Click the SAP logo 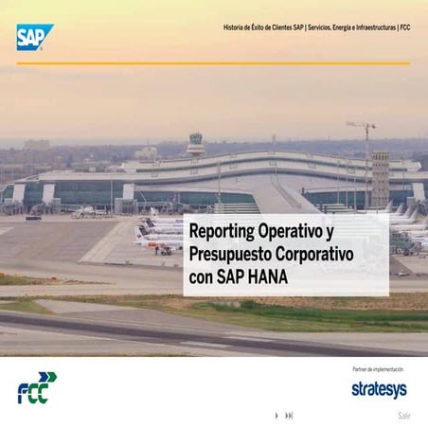tap(34, 36)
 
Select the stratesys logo tap(379, 389)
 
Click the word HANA tap(267, 278)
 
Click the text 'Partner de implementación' tap(378, 369)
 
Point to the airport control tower tap(196, 144)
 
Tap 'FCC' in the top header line tap(404, 28)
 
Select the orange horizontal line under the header tap(213, 63)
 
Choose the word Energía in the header tap(337, 28)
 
